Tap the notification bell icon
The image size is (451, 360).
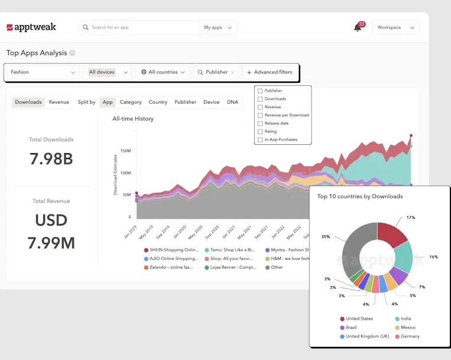click(x=358, y=28)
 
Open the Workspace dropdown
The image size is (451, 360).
click(x=395, y=27)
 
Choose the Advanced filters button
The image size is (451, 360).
click(x=270, y=72)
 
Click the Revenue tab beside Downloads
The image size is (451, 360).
click(x=59, y=102)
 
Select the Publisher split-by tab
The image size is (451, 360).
click(x=185, y=102)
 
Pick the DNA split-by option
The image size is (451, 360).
click(x=232, y=102)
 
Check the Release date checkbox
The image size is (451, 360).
click(x=261, y=124)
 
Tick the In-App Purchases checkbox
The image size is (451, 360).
click(x=261, y=140)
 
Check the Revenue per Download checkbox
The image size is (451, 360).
click(x=261, y=115)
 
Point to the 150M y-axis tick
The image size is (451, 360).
click(x=125, y=151)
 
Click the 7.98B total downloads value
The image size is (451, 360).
click(x=51, y=158)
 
